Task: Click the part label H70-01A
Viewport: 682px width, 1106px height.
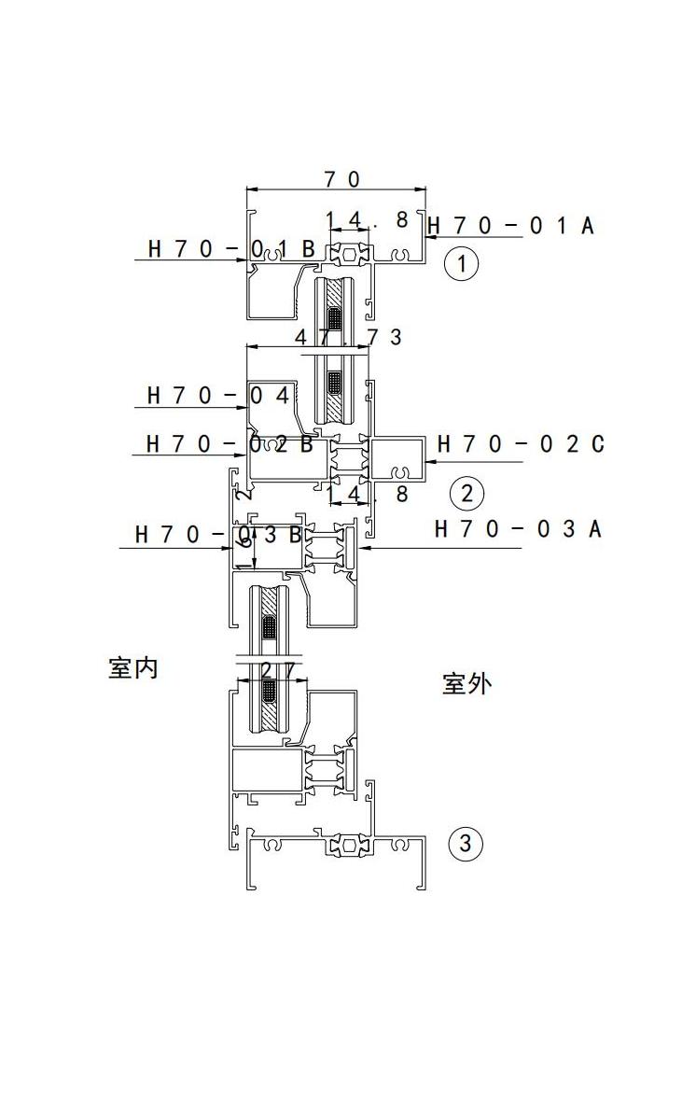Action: click(510, 225)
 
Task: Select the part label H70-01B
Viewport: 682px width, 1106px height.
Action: click(231, 249)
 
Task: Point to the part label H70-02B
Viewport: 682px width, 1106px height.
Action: click(230, 443)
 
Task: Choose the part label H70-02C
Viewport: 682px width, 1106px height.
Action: click(521, 443)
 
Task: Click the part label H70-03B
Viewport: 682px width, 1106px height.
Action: click(219, 535)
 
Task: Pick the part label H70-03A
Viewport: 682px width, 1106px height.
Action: click(518, 529)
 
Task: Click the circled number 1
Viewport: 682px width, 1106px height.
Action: click(461, 264)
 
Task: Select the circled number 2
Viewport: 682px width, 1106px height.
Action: click(466, 493)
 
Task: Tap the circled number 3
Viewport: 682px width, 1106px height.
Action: click(466, 845)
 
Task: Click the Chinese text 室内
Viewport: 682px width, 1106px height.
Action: click(133, 668)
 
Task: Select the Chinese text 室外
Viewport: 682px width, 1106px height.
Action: click(466, 684)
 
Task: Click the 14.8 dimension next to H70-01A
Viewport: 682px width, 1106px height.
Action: click(366, 220)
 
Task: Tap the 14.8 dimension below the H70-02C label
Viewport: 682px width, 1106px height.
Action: click(367, 494)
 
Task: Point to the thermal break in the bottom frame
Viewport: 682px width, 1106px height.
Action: click(349, 847)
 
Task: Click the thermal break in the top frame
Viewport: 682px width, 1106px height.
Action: click(349, 253)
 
